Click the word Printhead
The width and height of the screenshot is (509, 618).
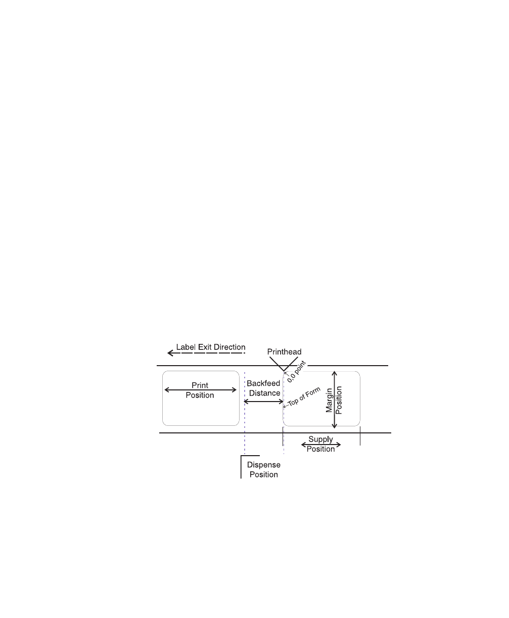[x=284, y=351]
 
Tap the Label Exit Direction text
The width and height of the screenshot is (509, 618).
[x=210, y=347]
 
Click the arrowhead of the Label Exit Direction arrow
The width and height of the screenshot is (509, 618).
[x=171, y=352]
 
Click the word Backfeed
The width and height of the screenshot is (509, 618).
[x=263, y=384]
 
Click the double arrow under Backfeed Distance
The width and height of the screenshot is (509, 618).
[x=264, y=402]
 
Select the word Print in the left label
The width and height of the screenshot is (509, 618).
[x=200, y=385]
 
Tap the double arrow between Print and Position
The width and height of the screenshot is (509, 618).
[x=200, y=390]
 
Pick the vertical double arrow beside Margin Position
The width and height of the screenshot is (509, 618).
[x=334, y=400]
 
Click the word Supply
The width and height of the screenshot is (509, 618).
[x=321, y=439]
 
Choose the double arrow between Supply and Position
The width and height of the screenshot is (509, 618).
[x=321, y=445]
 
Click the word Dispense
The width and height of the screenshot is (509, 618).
[x=263, y=465]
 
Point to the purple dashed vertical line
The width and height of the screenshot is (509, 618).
[x=245, y=430]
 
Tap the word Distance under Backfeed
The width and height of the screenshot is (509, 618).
[x=263, y=393]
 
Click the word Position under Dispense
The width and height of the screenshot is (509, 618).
[x=263, y=474]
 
